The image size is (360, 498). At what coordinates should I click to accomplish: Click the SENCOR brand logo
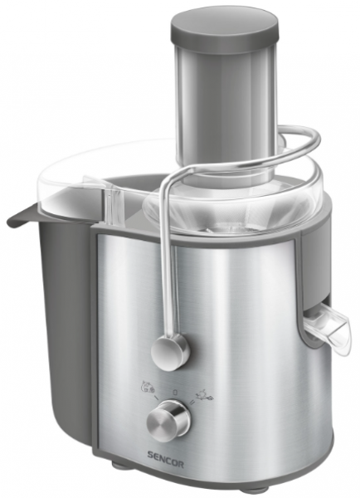165,463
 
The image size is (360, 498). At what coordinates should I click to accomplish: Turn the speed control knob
169,417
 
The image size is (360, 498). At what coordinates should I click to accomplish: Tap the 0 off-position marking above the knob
174,393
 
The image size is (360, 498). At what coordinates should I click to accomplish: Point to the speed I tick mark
156,398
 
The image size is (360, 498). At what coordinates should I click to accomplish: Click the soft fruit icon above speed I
148,386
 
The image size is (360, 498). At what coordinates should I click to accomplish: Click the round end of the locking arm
171,349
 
